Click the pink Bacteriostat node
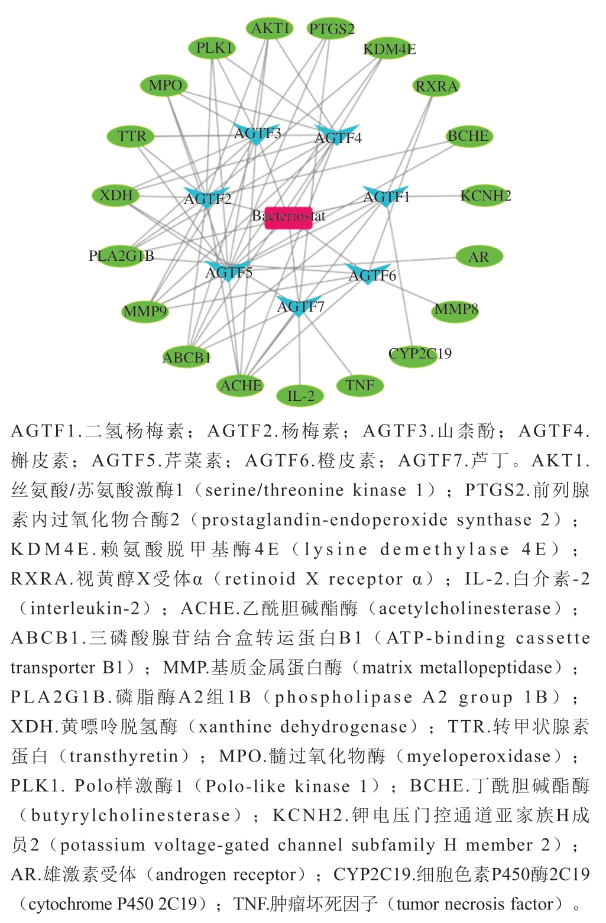click(x=288, y=217)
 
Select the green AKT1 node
click(x=270, y=28)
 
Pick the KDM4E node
click(x=390, y=49)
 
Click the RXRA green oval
click(x=436, y=86)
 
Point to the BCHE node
click(x=468, y=136)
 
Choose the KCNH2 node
click(x=485, y=196)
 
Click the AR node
click(x=479, y=257)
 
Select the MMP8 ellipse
click(x=455, y=310)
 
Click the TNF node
click(x=360, y=386)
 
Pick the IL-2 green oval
click(x=300, y=396)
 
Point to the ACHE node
click(x=241, y=386)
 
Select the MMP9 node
click(x=145, y=311)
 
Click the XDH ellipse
click(x=116, y=195)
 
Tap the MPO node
click(x=164, y=86)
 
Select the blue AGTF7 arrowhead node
click(x=300, y=305)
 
